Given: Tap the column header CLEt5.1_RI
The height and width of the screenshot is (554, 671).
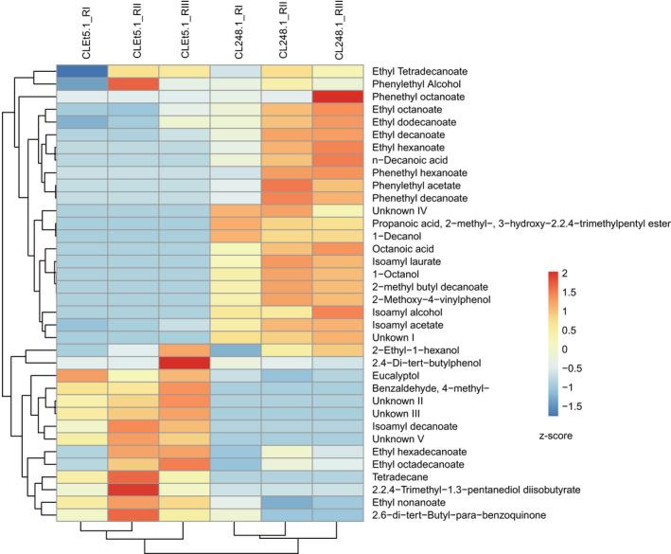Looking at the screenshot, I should click(x=81, y=32).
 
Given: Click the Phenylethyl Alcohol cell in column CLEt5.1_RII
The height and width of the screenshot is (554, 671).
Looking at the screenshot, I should click(x=132, y=84).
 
